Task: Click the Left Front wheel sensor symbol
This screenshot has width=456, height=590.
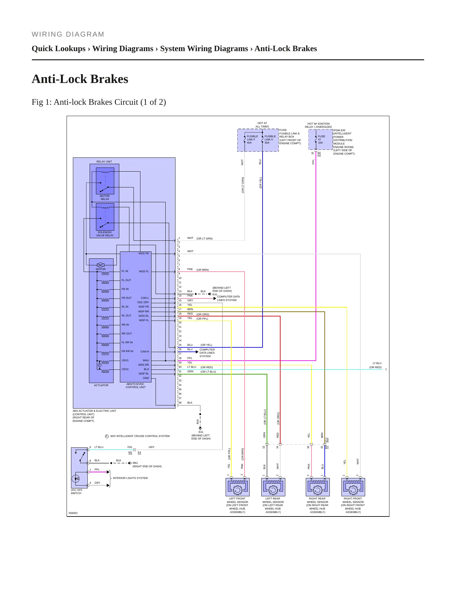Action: pos(238,487)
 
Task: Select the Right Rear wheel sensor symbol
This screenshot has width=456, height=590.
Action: pos(318,487)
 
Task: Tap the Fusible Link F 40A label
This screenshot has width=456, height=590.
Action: pos(252,139)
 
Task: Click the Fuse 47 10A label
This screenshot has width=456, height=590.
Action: pos(321,139)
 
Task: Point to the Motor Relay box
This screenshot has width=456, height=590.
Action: pos(105,181)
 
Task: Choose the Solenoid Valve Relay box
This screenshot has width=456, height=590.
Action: pos(105,217)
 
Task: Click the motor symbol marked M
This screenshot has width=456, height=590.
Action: pos(101,265)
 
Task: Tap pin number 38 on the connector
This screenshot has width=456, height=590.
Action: pos(180,403)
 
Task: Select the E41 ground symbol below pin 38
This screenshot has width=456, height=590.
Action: pos(200,428)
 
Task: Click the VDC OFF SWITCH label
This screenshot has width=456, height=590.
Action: pos(76,492)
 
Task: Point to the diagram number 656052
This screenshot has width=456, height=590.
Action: pos(73,513)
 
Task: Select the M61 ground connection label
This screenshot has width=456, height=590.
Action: pos(135,463)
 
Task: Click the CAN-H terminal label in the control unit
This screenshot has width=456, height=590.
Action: pos(145,351)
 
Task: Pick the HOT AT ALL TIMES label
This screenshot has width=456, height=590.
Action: pos(262,125)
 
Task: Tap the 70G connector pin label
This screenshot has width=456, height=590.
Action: pos(129,447)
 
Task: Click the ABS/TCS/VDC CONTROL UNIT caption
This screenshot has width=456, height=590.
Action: pos(136,386)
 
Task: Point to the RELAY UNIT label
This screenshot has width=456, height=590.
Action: pos(104,162)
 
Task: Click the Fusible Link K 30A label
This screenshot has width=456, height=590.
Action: pos(270,139)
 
